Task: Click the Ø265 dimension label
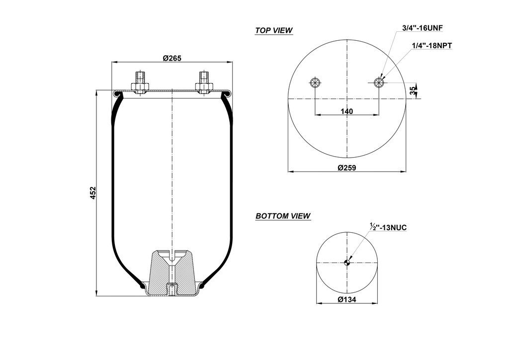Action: click(172, 58)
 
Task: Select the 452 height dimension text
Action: click(93, 192)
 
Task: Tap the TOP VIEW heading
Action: click(274, 30)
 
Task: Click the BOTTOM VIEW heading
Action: click(283, 216)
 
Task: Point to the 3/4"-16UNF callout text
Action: click(422, 28)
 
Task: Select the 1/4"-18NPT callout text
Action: click(432, 45)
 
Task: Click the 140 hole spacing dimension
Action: click(346, 111)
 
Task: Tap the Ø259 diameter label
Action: click(346, 168)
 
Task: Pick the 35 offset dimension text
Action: click(413, 90)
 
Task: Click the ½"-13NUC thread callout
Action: click(388, 227)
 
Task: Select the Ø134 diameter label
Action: click(347, 299)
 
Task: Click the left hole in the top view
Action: click(315, 83)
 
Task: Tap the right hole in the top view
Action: click(379, 83)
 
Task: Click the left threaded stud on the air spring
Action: click(140, 80)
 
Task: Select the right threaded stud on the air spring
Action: click(204, 80)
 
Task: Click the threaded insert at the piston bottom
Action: click(171, 289)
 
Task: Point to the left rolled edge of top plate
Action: click(117, 93)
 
